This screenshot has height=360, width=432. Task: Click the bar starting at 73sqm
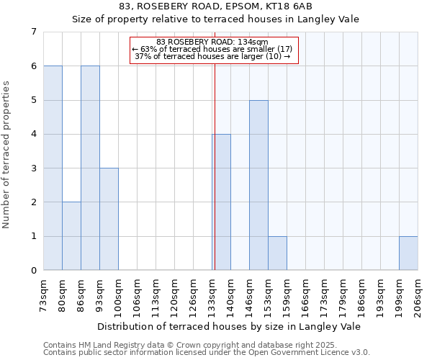(x=53, y=168)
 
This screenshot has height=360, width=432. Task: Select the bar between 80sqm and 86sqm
(x=71, y=236)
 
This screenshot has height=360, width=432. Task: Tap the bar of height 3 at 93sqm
(x=109, y=219)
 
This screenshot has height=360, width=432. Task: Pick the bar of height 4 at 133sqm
(x=222, y=202)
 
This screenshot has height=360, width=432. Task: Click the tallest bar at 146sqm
(x=258, y=185)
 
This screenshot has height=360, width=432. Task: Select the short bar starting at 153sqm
(x=277, y=253)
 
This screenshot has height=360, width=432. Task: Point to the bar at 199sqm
(x=408, y=253)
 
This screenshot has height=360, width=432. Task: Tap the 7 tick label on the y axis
(x=33, y=32)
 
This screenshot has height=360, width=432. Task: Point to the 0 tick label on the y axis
(x=33, y=271)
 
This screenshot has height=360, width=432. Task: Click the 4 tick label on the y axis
(x=33, y=134)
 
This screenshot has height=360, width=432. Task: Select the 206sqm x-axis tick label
(x=418, y=295)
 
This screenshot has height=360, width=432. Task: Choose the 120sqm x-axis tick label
(x=174, y=295)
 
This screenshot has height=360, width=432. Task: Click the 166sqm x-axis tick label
(x=305, y=295)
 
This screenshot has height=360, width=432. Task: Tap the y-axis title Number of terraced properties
(x=7, y=155)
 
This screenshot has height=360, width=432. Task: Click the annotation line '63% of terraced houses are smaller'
(x=212, y=49)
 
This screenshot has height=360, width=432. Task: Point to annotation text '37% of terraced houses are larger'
(x=212, y=56)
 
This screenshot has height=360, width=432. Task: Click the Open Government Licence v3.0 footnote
(x=207, y=353)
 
